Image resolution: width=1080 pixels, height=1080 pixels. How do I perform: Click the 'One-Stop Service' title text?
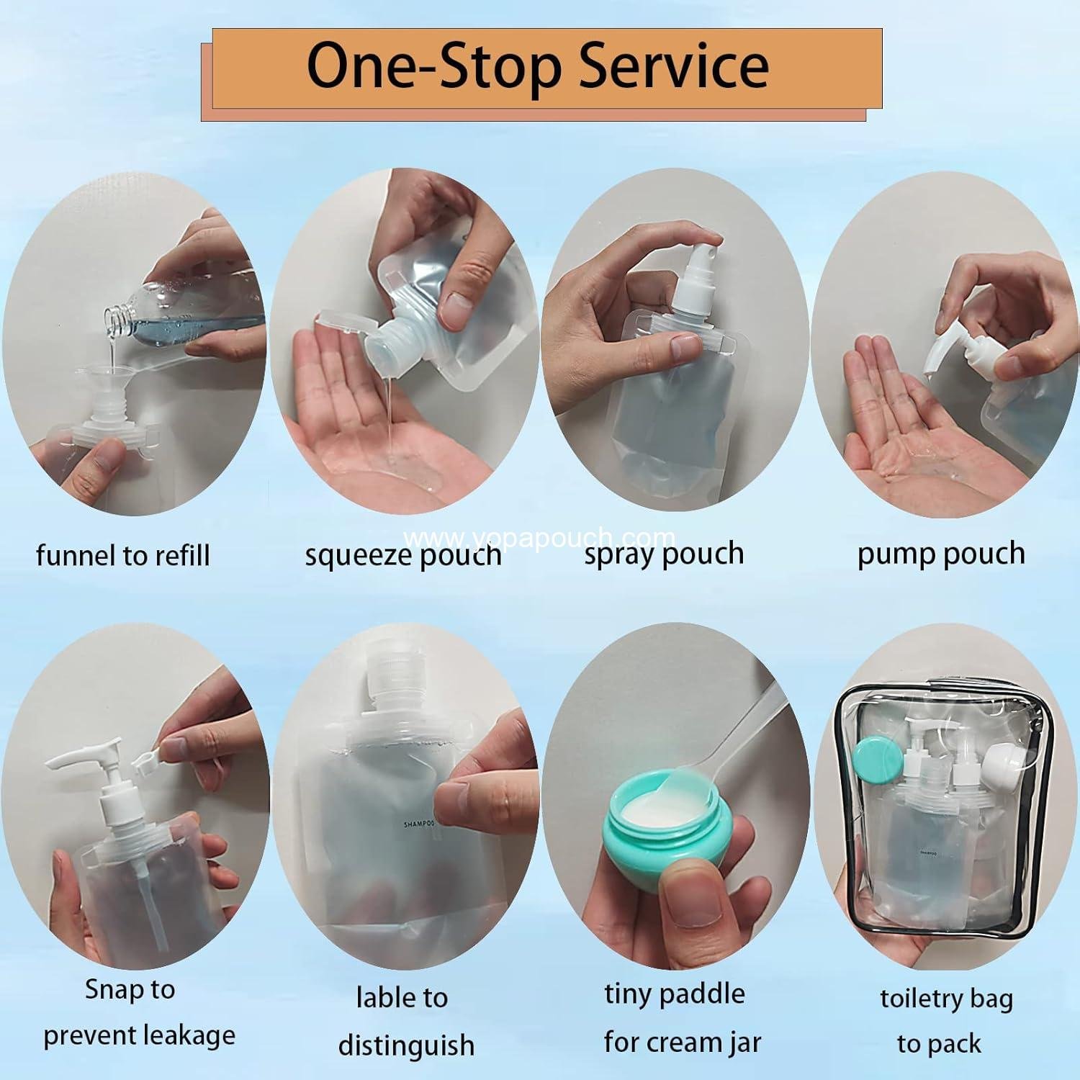tap(538, 66)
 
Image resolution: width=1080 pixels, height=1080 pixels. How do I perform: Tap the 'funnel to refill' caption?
tap(122, 556)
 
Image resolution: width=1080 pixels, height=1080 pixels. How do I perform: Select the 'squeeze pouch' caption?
tap(402, 556)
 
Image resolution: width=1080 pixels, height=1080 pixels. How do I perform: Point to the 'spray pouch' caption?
tap(663, 554)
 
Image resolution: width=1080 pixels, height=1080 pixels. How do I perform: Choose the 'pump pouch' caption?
tap(940, 554)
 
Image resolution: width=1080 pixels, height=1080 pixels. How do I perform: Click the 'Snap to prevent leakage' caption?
tap(138, 1012)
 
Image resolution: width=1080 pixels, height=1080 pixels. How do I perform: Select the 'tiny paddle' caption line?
tap(674, 994)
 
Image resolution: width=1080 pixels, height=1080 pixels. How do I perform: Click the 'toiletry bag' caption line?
tap(945, 999)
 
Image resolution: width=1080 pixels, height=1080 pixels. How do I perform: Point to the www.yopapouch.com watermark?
tap(540, 538)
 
